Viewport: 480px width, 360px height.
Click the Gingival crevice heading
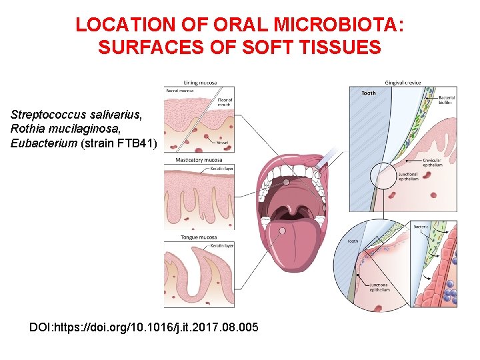404,83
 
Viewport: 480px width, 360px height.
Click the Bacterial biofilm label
445,100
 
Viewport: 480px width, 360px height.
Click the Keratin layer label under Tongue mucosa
221,247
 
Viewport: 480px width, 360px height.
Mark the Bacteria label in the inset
422,227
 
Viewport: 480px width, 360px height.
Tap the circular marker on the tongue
283,231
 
